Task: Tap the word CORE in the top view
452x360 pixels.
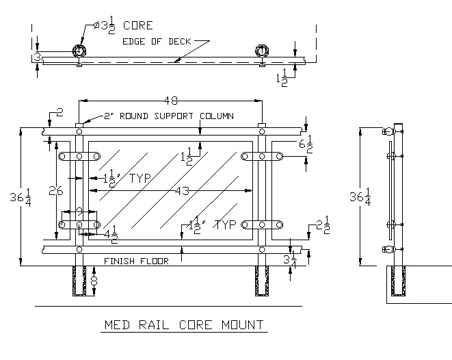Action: click(138, 26)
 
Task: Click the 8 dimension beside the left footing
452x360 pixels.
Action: click(94, 280)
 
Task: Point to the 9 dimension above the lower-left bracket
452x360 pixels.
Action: click(79, 211)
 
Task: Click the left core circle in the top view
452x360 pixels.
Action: click(80, 51)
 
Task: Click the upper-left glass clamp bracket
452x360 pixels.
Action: click(79, 157)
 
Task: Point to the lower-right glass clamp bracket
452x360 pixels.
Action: click(263, 224)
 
